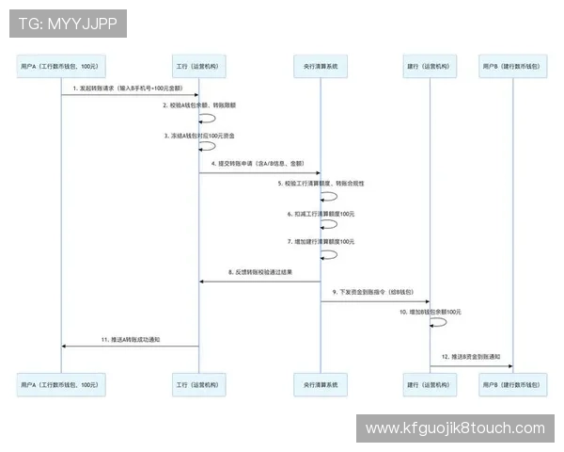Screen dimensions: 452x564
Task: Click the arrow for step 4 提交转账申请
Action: tap(258, 172)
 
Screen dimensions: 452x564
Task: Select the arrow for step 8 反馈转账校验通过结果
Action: tap(258, 282)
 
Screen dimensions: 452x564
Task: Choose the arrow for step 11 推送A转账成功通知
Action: tap(130, 347)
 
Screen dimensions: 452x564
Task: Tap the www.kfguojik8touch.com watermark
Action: tap(455, 428)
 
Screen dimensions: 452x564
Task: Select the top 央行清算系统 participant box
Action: tap(321, 67)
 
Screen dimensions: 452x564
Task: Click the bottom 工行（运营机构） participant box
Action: tap(198, 384)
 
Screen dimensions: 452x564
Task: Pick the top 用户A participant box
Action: tap(61, 67)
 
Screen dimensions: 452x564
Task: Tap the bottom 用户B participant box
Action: tap(513, 384)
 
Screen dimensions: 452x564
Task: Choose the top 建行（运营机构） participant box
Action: tap(431, 67)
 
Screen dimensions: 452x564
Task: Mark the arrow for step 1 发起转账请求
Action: tap(130, 95)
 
